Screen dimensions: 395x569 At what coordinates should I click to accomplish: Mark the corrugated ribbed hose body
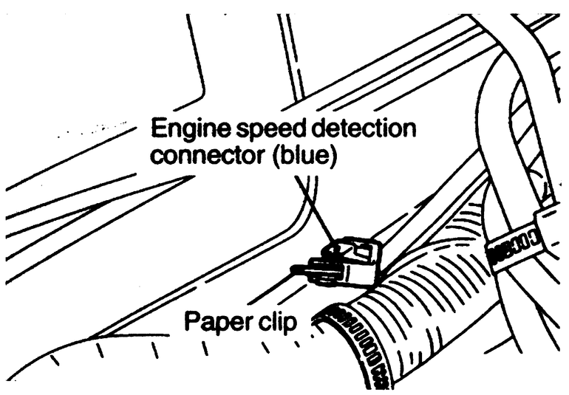(436, 310)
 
